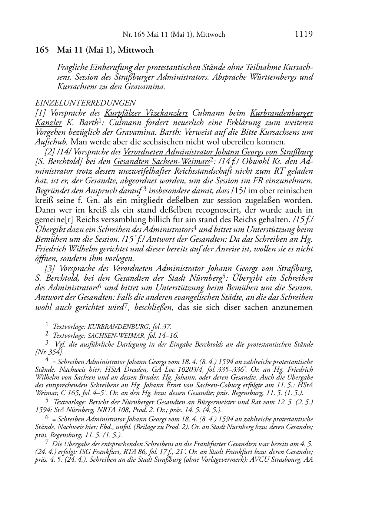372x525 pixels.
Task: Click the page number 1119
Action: pyautogui.click(x=304, y=34)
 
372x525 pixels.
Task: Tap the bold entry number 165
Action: pyautogui.click(x=42, y=50)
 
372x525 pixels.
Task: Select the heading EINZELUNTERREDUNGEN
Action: pyautogui.click(x=85, y=103)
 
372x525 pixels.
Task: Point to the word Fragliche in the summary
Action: pyautogui.click(x=73, y=68)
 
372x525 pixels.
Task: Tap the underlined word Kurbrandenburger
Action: pyautogui.click(x=281, y=113)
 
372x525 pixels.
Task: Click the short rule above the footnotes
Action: pyautogui.click(x=49, y=318)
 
